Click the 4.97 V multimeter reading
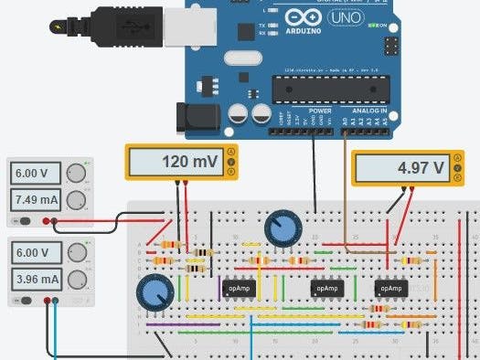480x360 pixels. (402, 169)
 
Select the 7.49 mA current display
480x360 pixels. (37, 198)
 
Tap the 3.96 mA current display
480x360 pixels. (37, 279)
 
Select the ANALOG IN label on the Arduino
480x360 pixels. (370, 111)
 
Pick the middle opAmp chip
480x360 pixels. (326, 288)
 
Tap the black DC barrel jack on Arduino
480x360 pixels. (197, 117)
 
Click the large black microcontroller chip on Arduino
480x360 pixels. (331, 89)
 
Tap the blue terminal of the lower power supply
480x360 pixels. (56, 301)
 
